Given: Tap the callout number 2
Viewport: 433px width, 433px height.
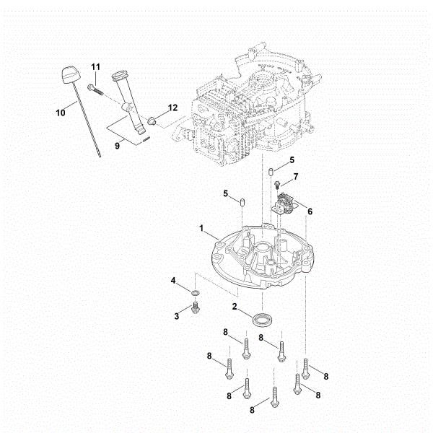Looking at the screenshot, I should tap(235, 307).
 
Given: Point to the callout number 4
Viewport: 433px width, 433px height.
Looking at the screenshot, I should tap(173, 280).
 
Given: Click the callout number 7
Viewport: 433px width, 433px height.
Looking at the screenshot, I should tap(295, 176).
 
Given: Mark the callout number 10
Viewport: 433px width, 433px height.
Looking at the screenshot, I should tap(60, 112).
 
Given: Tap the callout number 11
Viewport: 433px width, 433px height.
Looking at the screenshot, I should tap(95, 67).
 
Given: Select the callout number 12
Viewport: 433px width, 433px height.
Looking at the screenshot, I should tap(172, 108).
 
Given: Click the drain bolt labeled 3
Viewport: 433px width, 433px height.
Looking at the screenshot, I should tap(195, 310).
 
